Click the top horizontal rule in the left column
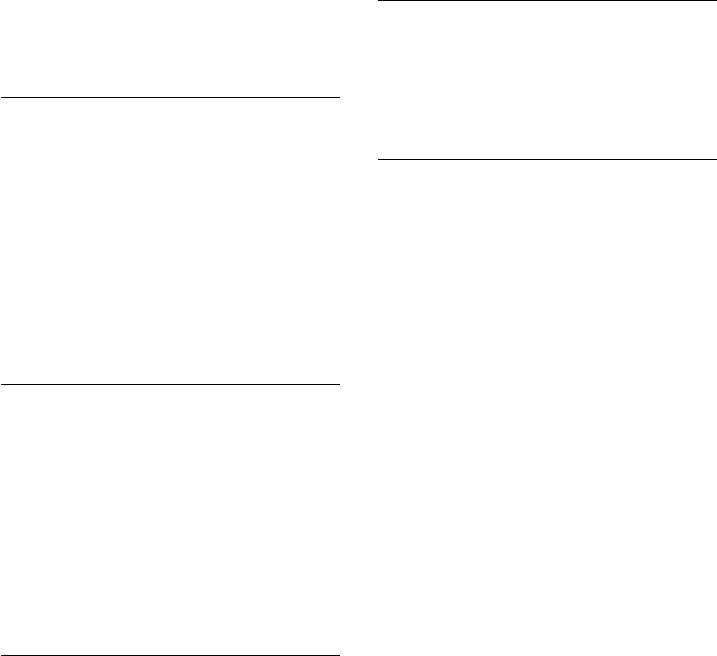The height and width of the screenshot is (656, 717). pos(170,98)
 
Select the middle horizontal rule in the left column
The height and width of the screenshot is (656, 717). pos(170,384)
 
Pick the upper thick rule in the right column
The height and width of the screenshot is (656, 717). pos(547,1)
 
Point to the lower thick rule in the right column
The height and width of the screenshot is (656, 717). pos(547,159)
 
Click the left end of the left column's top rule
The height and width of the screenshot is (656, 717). pos(1,98)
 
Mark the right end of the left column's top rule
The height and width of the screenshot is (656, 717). pos(339,98)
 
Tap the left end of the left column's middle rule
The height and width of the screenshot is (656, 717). pos(1,384)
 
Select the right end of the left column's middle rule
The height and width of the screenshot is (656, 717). pos(339,384)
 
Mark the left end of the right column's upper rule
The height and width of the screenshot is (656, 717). pos(378,1)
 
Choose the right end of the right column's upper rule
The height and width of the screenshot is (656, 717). pos(716,1)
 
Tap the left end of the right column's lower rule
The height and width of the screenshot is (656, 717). pos(378,159)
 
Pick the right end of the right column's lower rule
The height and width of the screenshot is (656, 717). pos(716,159)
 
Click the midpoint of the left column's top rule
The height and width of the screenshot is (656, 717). pos(170,98)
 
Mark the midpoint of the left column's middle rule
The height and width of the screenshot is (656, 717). pos(170,384)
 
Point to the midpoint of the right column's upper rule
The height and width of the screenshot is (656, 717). pos(547,1)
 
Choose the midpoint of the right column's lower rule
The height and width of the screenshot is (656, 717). pos(547,159)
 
